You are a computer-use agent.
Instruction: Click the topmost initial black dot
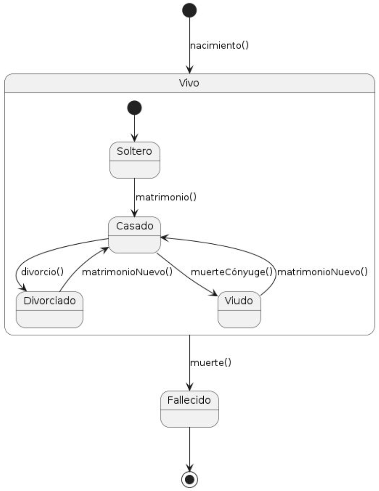pyautogui.click(x=189, y=10)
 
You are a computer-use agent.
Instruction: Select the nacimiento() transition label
pyautogui.click(x=219, y=45)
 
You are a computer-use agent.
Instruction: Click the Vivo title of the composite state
pyautogui.click(x=189, y=83)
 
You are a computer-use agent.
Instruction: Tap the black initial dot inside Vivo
pyautogui.click(x=134, y=108)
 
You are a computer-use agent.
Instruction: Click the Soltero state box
pyautogui.click(x=135, y=160)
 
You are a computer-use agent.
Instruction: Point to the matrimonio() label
pyautogui.click(x=166, y=198)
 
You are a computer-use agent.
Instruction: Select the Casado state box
pyautogui.click(x=135, y=235)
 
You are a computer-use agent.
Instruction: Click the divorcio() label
pyautogui.click(x=42, y=272)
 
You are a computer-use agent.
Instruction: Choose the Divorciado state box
pyautogui.click(x=50, y=309)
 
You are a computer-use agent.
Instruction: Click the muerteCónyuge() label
pyautogui.click(x=232, y=272)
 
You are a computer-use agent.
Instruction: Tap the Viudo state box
pyautogui.click(x=239, y=309)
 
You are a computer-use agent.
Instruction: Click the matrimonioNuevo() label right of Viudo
pyautogui.click(x=322, y=272)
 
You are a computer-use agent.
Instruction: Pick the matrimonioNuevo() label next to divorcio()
pyautogui.click(x=127, y=272)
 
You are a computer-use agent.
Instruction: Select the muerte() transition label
pyautogui.click(x=210, y=363)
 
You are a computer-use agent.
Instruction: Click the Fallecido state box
pyautogui.click(x=189, y=409)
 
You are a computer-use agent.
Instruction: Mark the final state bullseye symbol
pyautogui.click(x=189, y=479)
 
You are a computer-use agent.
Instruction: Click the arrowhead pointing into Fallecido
pyautogui.click(x=189, y=387)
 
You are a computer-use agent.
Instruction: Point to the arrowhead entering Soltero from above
pyautogui.click(x=134, y=138)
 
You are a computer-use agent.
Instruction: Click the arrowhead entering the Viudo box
pyautogui.click(x=214, y=294)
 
